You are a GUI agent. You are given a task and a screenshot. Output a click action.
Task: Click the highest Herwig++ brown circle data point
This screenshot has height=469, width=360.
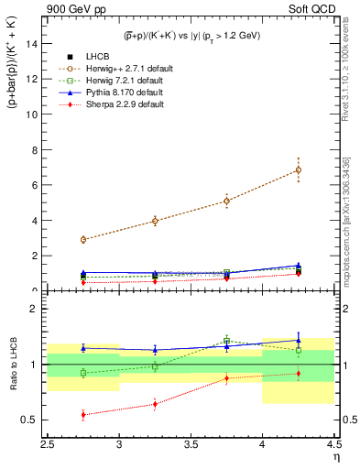coord(298,169)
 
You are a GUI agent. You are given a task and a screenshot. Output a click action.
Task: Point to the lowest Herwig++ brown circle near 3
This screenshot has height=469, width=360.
coord(83,239)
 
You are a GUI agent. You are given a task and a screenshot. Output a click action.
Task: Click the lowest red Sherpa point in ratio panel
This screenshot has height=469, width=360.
coord(83,415)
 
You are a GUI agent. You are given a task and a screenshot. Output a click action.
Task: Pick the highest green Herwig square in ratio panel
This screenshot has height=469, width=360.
coord(226,341)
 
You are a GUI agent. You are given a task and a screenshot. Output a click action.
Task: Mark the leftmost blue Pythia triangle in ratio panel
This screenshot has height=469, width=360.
coord(83,348)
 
